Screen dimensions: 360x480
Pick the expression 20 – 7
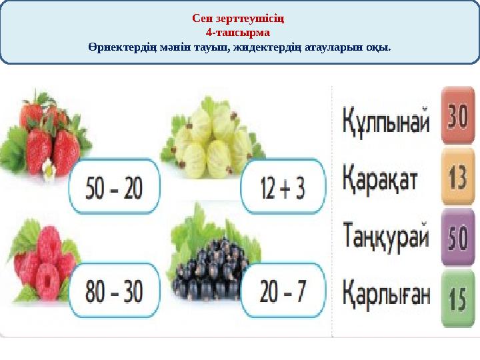(x=282, y=291)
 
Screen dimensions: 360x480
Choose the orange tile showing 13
(x=457, y=177)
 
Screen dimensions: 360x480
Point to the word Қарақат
(x=381, y=178)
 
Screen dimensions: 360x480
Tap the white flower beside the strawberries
(x=48, y=171)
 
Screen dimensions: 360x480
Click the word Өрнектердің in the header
(x=116, y=48)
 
